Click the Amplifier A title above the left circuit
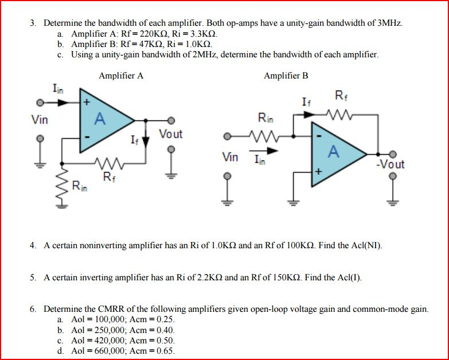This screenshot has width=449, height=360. tap(121, 75)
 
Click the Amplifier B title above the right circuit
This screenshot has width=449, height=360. tap(286, 75)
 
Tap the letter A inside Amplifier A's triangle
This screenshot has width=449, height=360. tap(100, 119)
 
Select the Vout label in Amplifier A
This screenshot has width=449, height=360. tap(170, 134)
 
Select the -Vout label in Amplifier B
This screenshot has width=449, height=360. tap(390, 165)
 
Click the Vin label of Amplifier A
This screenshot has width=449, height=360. tap(40, 120)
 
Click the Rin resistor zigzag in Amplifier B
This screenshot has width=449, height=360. tap(266, 136)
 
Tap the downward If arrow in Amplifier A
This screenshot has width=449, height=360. tap(145, 140)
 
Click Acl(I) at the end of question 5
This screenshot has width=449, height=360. tap(349, 277)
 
